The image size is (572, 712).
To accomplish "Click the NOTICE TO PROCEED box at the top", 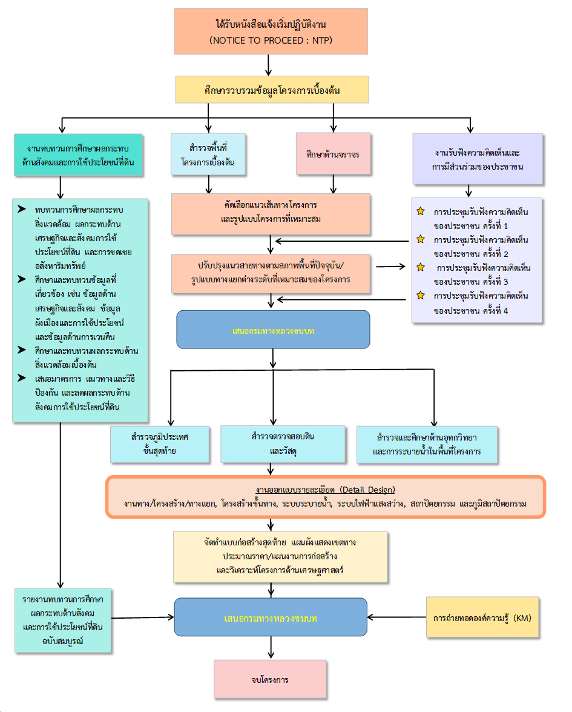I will tap(271, 32).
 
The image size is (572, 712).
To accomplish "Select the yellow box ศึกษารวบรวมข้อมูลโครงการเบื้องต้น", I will tap(271, 89).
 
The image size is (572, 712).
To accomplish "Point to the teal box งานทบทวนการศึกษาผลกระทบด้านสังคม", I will tap(78, 155).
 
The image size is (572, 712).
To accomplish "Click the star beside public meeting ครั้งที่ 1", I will tap(421, 211).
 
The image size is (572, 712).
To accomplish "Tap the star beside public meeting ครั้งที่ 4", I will tap(421, 295).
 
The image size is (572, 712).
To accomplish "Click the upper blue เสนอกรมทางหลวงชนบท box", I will tap(273, 330).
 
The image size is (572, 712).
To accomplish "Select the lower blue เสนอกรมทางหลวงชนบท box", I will tap(271, 617).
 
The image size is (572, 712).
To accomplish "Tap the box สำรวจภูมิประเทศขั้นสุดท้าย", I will tap(160, 444).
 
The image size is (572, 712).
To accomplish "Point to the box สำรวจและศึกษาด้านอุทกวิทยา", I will tap(427, 444).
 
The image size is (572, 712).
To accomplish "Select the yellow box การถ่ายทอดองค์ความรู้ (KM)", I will tap(482, 617).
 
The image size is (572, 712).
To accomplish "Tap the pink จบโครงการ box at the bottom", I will tap(270, 679).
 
